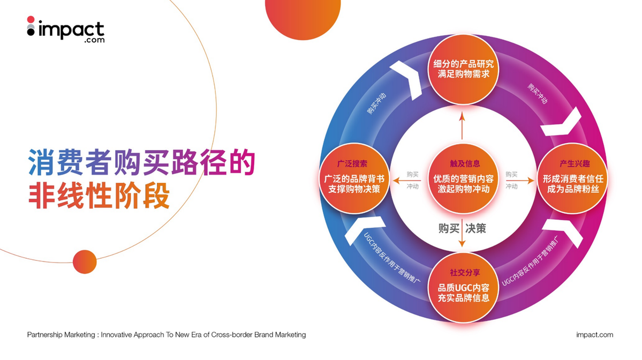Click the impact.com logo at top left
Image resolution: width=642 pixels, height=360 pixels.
pos(65,29)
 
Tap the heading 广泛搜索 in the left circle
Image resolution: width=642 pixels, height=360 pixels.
pos(352,163)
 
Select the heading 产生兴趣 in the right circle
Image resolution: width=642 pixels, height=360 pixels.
pos(575,163)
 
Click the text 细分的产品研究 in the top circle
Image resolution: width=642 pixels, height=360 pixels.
pos(464,64)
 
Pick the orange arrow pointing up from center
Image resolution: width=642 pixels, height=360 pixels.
pos(462,126)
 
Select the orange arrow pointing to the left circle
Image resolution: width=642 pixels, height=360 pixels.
pos(406,180)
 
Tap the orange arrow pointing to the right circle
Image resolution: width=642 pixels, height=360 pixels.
pos(520,180)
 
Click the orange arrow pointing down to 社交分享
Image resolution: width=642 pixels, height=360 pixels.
pos(462,233)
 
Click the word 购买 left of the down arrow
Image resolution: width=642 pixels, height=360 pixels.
pos(449,229)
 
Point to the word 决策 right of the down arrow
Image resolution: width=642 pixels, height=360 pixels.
pos(476,229)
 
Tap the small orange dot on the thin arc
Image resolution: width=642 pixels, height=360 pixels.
pos(85,262)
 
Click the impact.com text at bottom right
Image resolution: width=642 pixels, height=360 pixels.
pos(594,335)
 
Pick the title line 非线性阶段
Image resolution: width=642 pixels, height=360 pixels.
pos(99,196)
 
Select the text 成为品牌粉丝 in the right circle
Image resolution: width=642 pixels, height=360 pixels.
pos(573,189)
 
